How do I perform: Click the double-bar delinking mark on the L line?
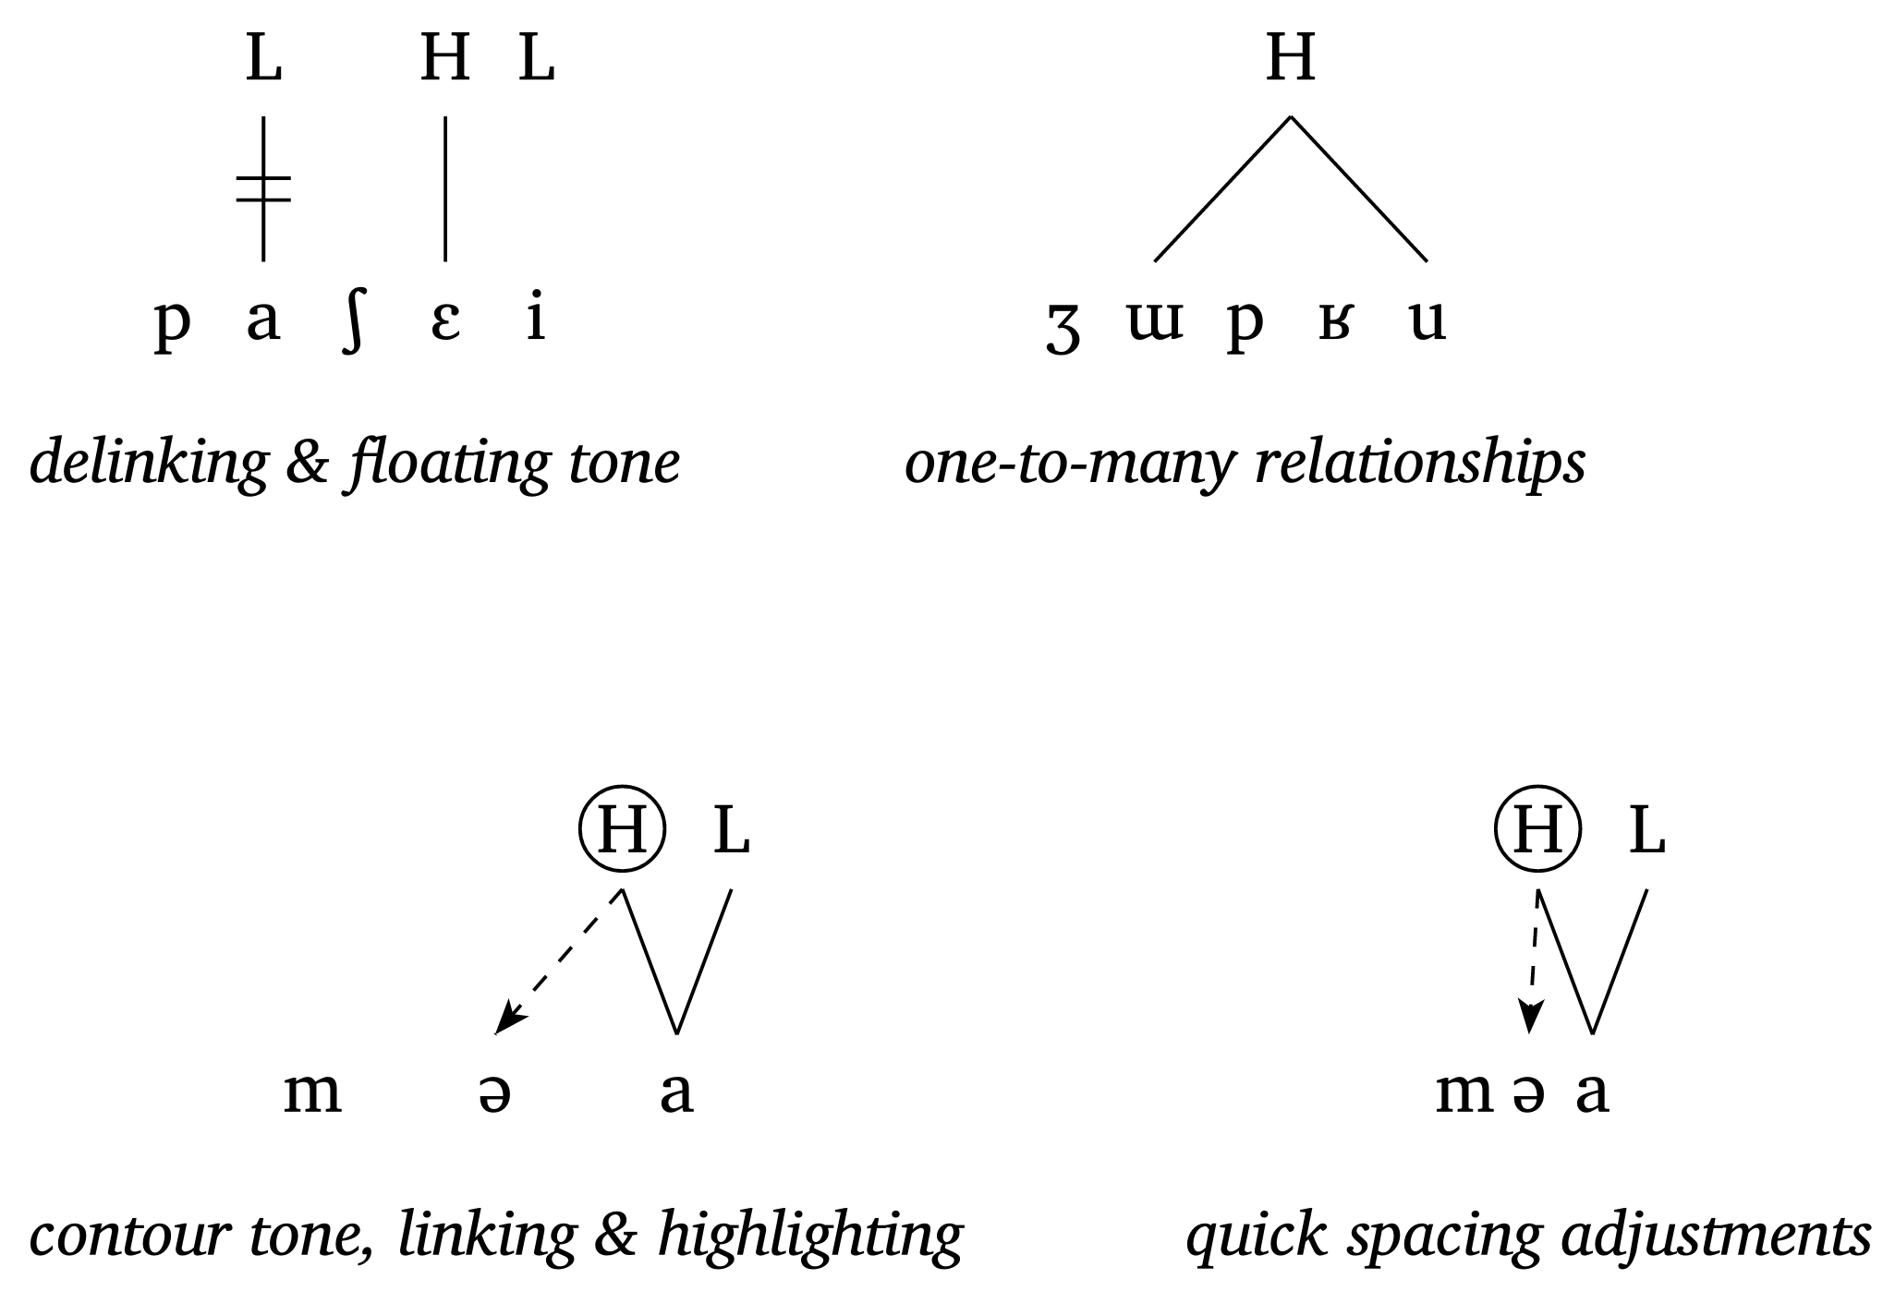coord(263,188)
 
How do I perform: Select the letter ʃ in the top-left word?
coord(351,321)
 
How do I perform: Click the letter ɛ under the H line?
coord(445,321)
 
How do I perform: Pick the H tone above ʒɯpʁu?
coord(1290,59)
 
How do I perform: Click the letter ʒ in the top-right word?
coord(1063,328)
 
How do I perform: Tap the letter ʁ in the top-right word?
coord(1333,321)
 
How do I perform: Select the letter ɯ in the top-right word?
coord(1155,321)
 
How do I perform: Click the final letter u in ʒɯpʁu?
coord(1427,321)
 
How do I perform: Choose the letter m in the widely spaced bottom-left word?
coord(312,1093)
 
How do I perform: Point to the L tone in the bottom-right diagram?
coord(1646,830)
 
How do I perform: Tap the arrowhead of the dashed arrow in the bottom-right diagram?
coord(1531,1020)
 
